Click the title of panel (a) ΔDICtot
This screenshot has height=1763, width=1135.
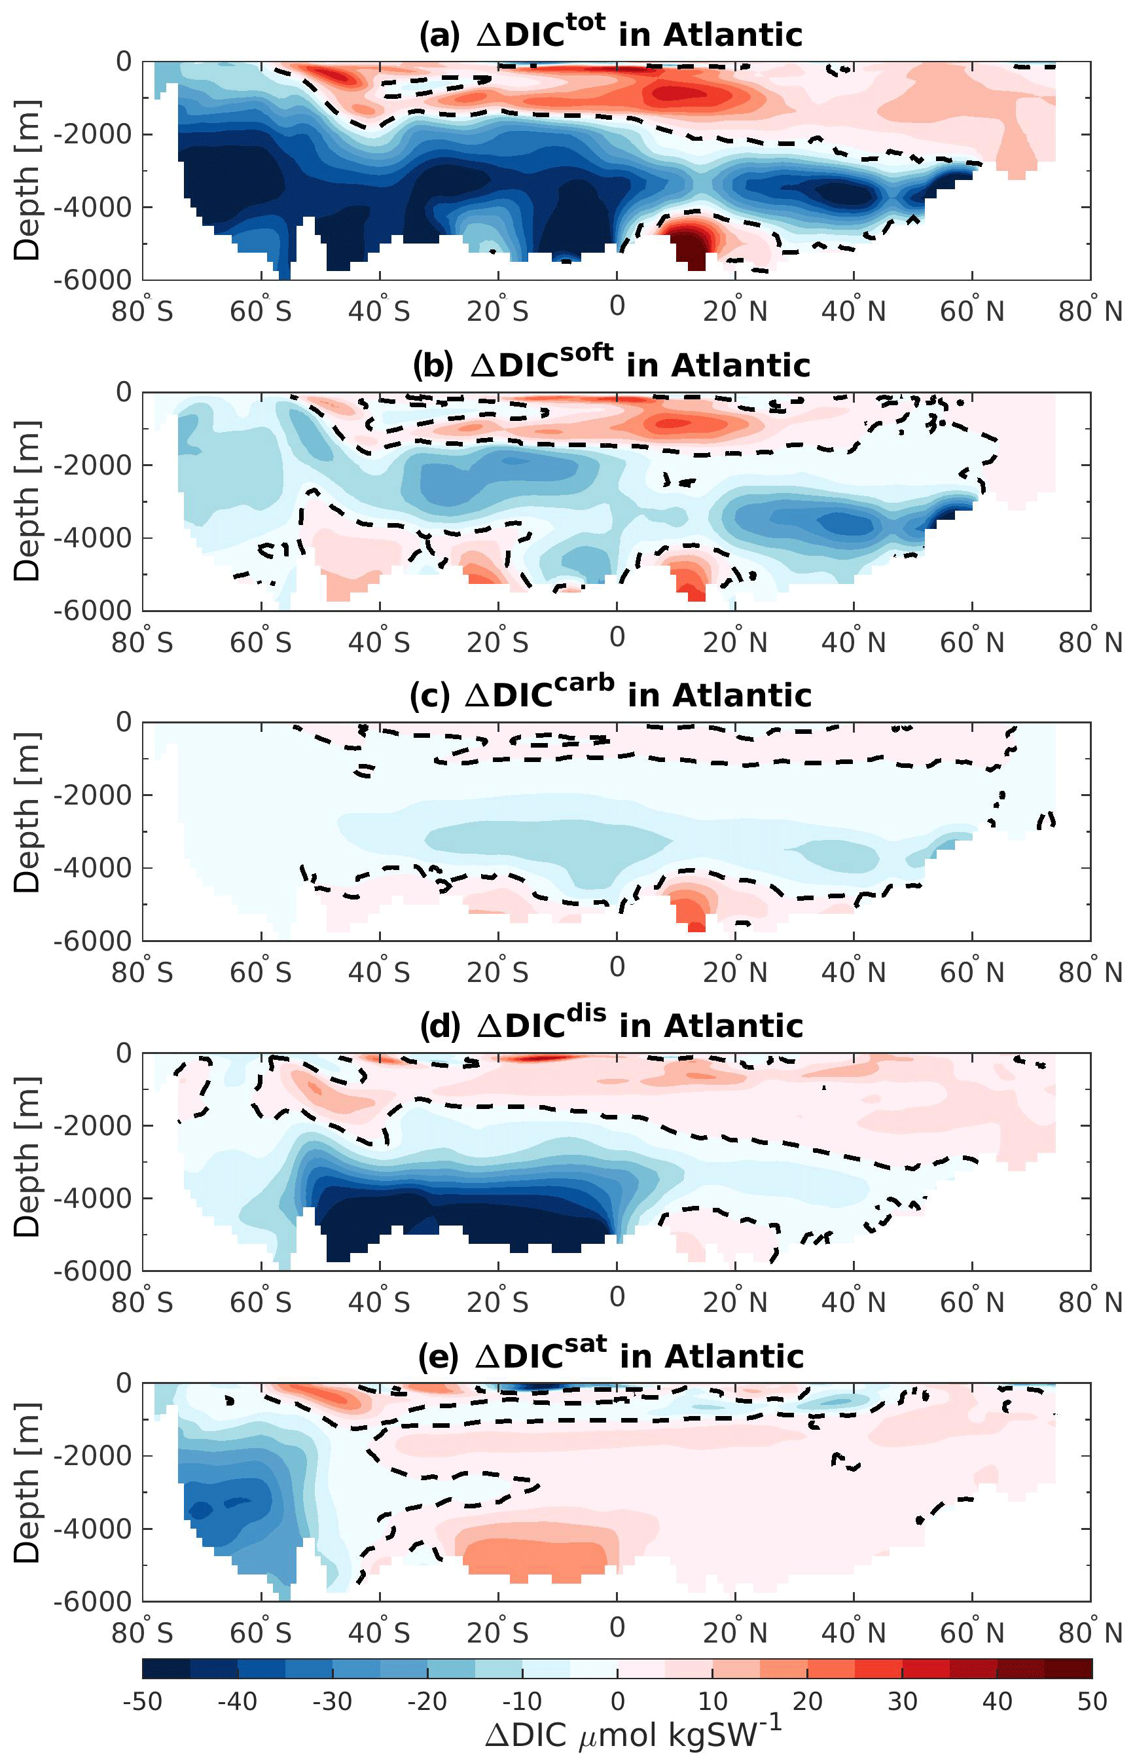(x=610, y=34)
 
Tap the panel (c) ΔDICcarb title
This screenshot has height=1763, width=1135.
(x=610, y=695)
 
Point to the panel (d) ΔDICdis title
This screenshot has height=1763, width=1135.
(x=610, y=1025)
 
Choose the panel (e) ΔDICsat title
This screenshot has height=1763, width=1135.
(x=610, y=1355)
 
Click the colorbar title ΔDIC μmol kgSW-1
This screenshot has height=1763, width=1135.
(x=632, y=1735)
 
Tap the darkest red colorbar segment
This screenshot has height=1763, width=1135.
(x=1068, y=1668)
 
